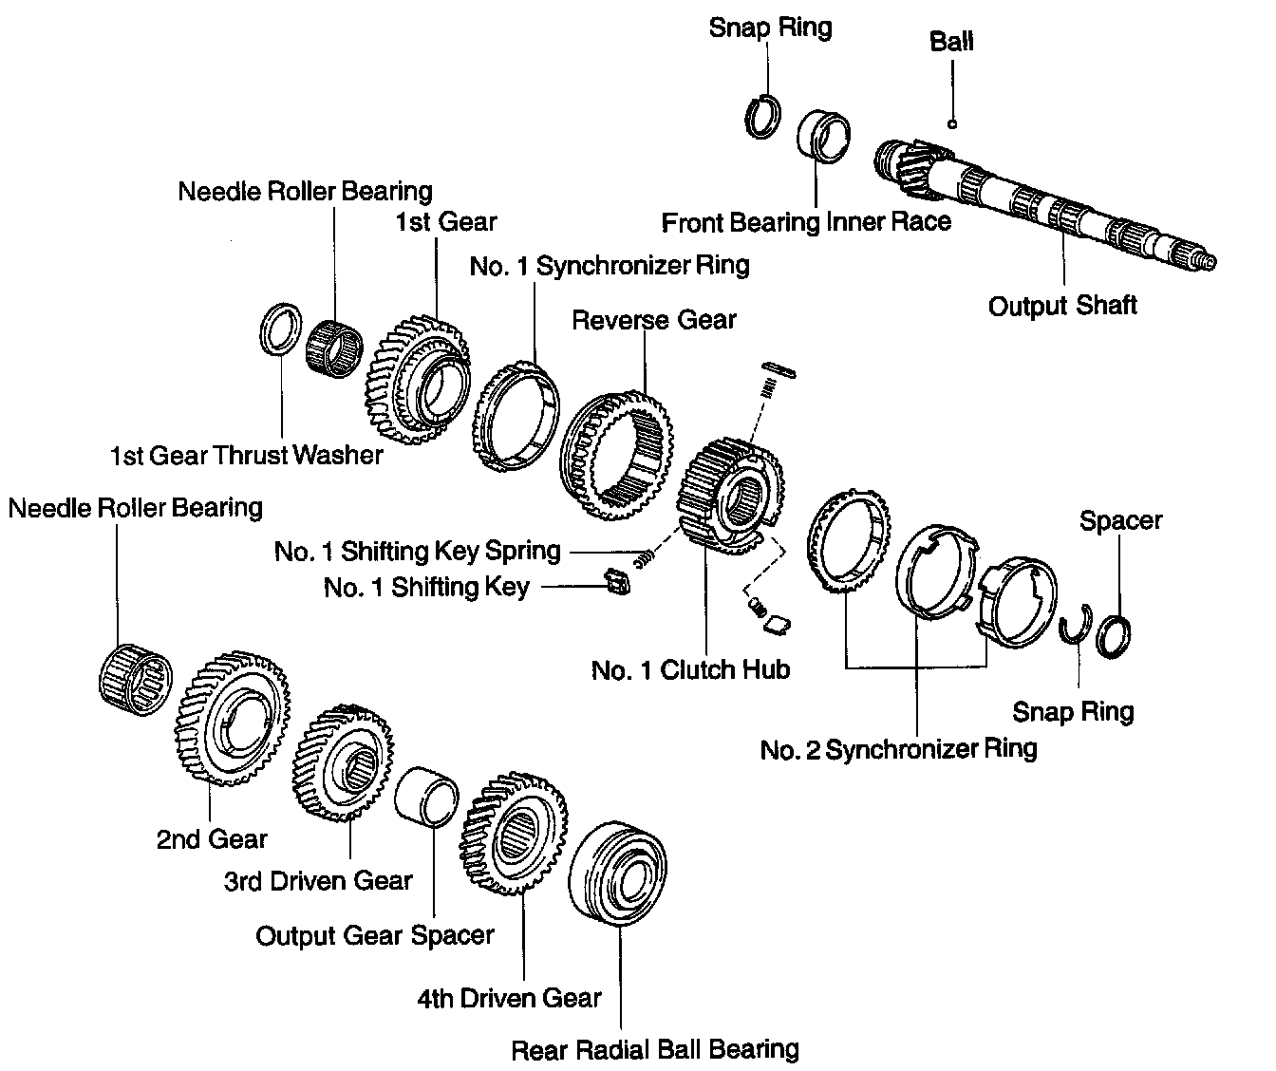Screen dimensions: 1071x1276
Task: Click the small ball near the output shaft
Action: tap(952, 122)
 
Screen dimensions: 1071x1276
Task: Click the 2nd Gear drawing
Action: tap(231, 718)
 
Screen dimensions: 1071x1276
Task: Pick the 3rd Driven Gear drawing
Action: tap(344, 761)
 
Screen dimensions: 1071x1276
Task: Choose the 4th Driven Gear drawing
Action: tap(513, 833)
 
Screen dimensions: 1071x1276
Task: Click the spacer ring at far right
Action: tap(1113, 635)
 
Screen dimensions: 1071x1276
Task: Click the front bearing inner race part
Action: tap(822, 138)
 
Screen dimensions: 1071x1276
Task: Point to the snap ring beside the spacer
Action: tap(1076, 628)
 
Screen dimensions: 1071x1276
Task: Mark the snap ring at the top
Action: tap(762, 117)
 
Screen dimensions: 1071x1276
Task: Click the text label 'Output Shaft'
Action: tap(1062, 306)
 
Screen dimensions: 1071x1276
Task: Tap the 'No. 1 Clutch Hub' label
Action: tap(690, 670)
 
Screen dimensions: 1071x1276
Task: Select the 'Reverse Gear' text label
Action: tap(653, 320)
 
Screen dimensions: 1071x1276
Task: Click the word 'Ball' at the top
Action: tap(951, 42)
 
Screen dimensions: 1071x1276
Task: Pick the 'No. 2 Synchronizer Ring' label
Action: tap(898, 749)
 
